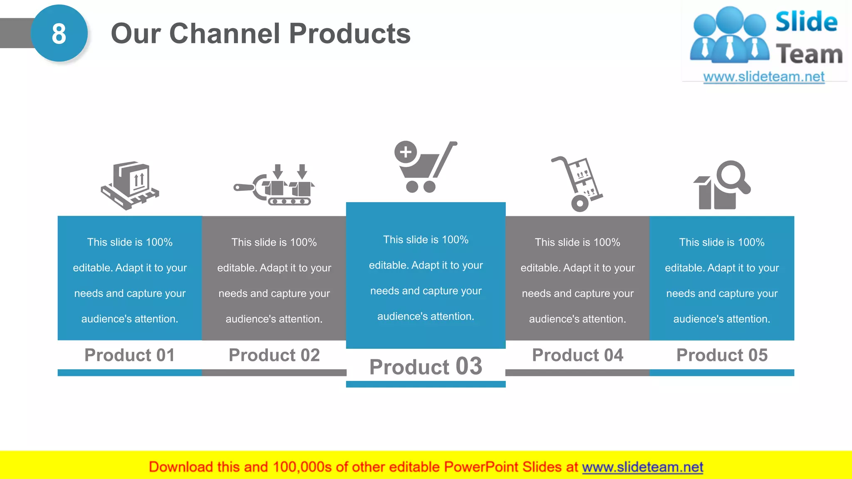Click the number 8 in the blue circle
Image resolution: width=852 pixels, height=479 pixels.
(x=59, y=34)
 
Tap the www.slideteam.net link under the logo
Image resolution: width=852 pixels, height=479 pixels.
(x=763, y=77)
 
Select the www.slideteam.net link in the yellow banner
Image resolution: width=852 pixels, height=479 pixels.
(x=642, y=467)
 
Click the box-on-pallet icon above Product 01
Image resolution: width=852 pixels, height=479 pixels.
(x=130, y=185)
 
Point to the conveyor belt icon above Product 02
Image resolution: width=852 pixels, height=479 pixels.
(x=275, y=186)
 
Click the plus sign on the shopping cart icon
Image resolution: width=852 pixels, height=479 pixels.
(x=406, y=152)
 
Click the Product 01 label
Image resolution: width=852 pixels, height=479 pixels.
(x=130, y=355)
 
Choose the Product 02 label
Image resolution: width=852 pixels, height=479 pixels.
(x=274, y=355)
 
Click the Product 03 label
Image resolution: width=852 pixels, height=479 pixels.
(x=426, y=367)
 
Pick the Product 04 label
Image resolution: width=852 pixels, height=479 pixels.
(x=577, y=355)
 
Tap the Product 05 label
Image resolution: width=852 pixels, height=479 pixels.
(x=722, y=355)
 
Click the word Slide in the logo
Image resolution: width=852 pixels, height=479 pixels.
(x=806, y=22)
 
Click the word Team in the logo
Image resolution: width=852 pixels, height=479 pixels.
(x=809, y=54)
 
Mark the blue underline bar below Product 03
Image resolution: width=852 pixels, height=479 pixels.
(x=426, y=384)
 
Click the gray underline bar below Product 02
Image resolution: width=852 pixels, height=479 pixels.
(x=274, y=373)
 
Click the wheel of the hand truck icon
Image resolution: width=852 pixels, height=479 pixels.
(x=580, y=203)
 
